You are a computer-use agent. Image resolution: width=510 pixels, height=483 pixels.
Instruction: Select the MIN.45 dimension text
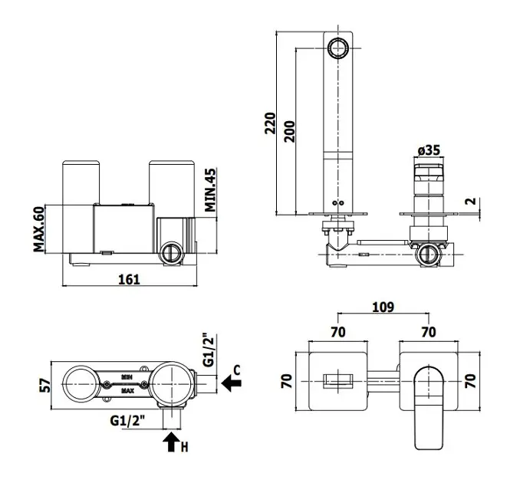(210, 190)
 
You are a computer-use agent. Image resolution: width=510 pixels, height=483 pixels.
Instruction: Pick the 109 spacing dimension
(383, 307)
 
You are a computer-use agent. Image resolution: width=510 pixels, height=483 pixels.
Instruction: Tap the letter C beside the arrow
(237, 370)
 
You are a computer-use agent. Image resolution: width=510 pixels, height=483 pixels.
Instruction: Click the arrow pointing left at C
(229, 381)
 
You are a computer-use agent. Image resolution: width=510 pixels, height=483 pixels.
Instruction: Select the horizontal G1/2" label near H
(127, 422)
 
